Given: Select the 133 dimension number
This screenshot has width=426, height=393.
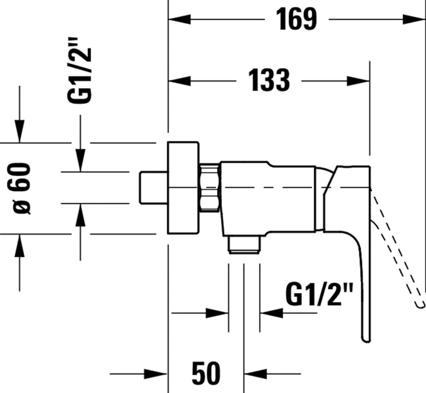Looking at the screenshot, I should click(268, 80).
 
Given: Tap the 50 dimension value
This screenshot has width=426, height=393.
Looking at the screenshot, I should click(206, 372).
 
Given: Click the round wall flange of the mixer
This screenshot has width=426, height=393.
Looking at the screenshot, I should click(184, 189).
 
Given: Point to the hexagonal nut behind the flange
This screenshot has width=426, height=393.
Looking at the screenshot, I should click(210, 187).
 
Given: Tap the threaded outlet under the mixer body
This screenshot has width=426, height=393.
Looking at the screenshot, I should click(244, 244).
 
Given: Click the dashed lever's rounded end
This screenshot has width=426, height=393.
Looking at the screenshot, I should click(421, 303).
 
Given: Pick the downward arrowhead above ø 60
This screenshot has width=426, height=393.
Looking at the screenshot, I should click(20, 132).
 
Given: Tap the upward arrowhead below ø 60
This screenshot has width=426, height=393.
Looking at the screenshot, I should click(20, 245).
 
